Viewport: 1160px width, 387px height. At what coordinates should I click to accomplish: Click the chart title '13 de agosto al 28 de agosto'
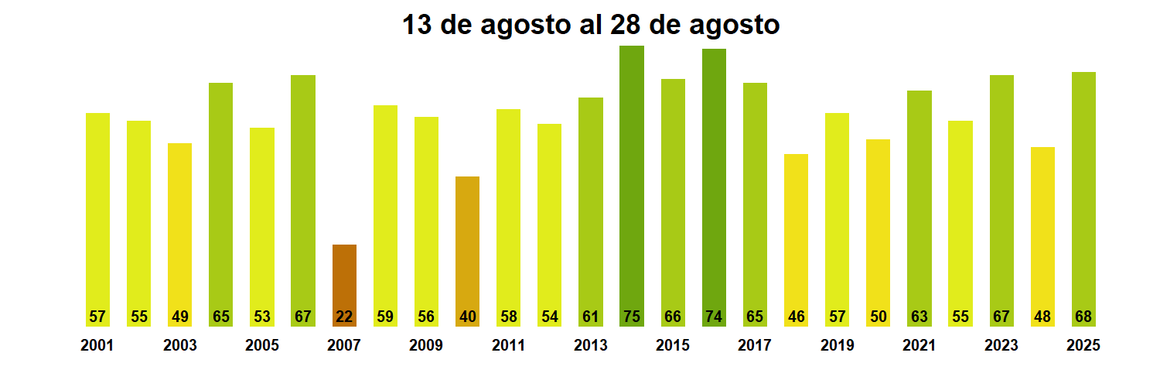(591, 25)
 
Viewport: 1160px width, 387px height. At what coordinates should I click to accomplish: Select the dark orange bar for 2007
(344, 279)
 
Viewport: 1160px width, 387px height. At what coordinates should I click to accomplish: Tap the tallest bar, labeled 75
(632, 178)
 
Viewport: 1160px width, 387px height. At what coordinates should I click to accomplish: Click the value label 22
(344, 317)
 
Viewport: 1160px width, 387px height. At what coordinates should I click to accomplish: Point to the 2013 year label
(591, 346)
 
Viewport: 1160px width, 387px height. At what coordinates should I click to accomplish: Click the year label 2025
(1083, 346)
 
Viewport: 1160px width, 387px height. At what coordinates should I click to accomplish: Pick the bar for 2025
(1083, 193)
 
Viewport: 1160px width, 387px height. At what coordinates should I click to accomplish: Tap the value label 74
(714, 317)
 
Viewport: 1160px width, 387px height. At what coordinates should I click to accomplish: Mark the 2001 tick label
(97, 346)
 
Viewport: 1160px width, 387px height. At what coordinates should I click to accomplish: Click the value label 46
(796, 317)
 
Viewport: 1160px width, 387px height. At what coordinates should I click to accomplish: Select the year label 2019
(837, 346)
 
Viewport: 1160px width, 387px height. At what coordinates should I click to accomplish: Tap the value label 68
(1083, 317)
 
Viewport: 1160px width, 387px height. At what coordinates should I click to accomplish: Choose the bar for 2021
(919, 201)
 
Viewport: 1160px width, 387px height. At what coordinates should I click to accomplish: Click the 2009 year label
(426, 346)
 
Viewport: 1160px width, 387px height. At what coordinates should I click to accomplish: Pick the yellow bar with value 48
(1042, 232)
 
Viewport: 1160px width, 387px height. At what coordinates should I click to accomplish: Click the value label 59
(385, 317)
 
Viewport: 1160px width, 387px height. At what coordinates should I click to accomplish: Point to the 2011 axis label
(508, 346)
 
